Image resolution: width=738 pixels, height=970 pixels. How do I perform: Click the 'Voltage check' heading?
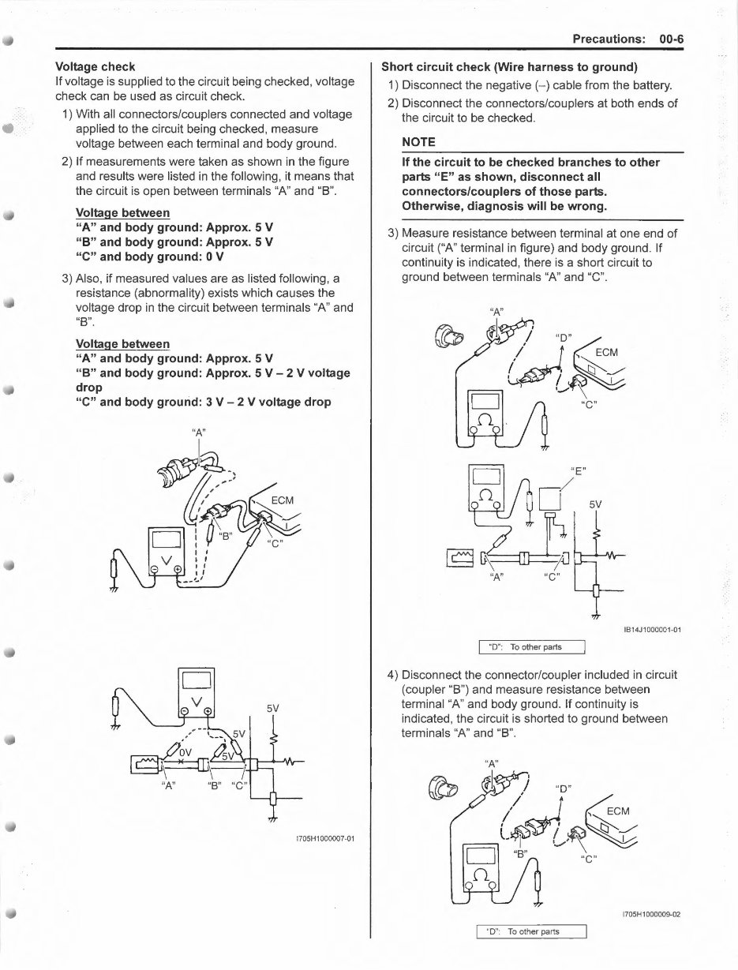click(x=95, y=67)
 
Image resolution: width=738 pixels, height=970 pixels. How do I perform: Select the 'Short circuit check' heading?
click(x=509, y=66)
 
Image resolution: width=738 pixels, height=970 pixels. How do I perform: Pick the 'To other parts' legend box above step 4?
click(x=530, y=647)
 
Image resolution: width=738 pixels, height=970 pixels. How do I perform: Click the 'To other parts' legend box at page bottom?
click(x=530, y=931)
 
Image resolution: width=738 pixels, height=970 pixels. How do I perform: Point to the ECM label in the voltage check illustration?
click(x=283, y=500)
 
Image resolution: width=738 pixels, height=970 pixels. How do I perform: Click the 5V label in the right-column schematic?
click(x=596, y=503)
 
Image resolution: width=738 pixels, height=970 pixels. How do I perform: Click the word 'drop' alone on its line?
click(x=89, y=388)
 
